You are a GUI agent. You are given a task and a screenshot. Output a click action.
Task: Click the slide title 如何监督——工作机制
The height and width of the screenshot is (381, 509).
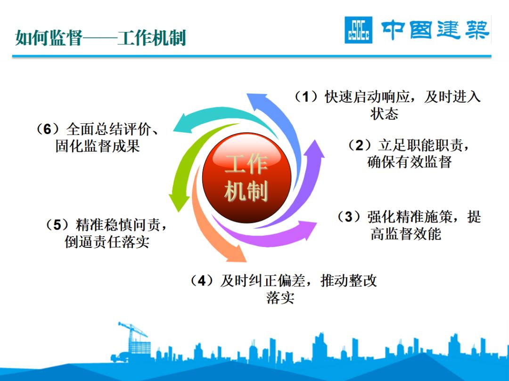click(100, 38)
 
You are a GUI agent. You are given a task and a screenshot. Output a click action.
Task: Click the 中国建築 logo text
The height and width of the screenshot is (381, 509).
click(435, 30)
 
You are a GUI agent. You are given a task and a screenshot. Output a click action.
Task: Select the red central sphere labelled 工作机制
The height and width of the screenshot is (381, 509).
click(246, 179)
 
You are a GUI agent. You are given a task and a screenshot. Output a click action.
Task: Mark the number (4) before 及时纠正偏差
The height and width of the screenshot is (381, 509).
click(202, 281)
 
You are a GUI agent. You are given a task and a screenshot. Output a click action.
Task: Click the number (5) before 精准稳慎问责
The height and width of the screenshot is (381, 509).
click(57, 225)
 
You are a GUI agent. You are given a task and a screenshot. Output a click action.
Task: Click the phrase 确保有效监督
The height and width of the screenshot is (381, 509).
click(410, 162)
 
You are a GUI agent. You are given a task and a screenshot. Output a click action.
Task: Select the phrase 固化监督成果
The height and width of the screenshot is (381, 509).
click(98, 146)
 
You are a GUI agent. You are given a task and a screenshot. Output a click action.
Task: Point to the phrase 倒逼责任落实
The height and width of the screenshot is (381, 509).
click(107, 242)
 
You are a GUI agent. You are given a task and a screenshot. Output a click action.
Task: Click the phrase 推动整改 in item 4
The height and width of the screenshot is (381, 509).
click(349, 281)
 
